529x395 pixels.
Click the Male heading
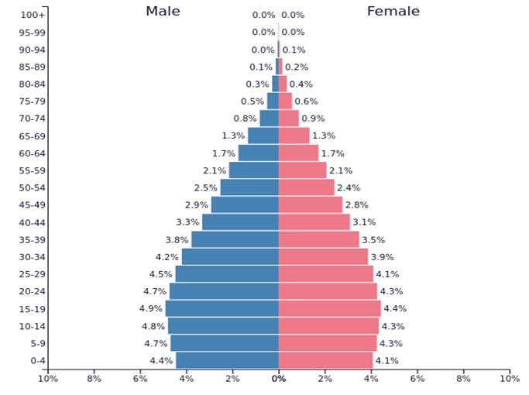(163, 11)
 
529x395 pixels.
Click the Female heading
(393, 11)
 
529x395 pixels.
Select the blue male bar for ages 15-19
(222, 308)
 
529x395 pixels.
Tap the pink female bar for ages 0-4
(325, 360)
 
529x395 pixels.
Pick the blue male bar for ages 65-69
(263, 136)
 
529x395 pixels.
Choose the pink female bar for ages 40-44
(314, 222)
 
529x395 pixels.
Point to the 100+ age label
(33, 15)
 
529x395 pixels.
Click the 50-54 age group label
(32, 187)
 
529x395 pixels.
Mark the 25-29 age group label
(32, 274)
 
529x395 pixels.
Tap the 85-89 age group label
(32, 67)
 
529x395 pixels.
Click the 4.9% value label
(151, 308)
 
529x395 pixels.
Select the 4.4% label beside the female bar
(395, 308)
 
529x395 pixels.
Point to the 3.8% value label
(177, 239)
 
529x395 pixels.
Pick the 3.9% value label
(382, 256)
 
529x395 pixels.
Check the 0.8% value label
(245, 118)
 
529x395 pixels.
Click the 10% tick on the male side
(48, 379)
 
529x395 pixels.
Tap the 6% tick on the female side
(417, 379)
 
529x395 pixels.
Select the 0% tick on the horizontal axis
(279, 379)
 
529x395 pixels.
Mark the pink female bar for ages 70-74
(288, 118)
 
